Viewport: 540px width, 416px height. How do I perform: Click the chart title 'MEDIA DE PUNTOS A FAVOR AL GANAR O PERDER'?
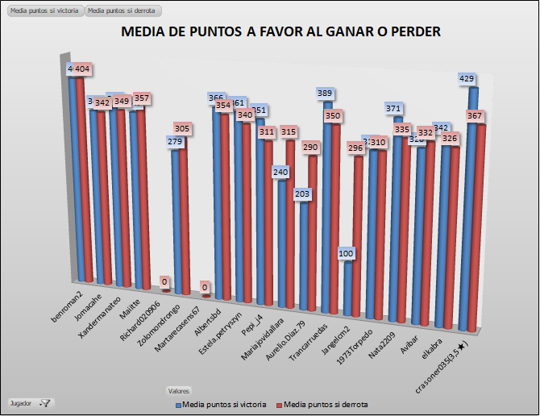point(281,33)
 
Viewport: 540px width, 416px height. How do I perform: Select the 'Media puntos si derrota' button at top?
point(123,11)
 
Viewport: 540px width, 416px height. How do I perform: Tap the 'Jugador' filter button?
point(30,401)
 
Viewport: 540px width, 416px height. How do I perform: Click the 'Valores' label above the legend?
point(179,390)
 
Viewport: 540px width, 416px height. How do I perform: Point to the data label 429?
point(465,78)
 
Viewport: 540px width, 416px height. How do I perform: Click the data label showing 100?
point(346,254)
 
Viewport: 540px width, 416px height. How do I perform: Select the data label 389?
point(325,94)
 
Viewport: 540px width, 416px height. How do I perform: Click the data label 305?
point(183,128)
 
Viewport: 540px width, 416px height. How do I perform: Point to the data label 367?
point(475,116)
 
